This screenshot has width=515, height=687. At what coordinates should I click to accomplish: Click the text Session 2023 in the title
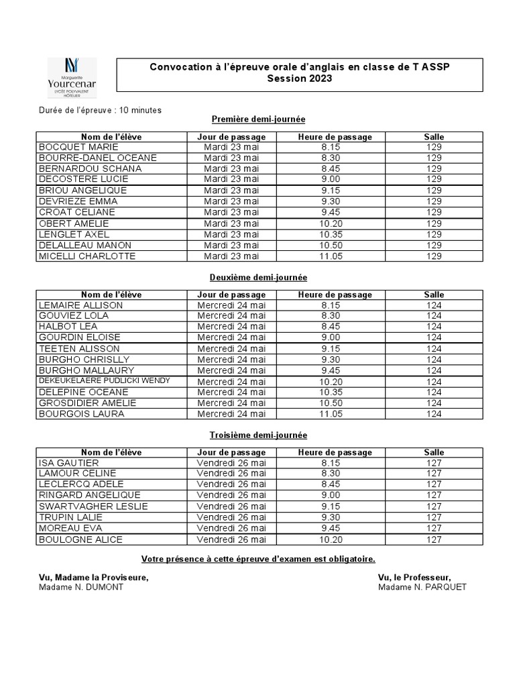[299, 78]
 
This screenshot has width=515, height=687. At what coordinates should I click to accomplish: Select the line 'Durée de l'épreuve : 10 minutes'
[99, 109]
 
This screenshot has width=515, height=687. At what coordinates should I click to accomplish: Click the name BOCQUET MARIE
[78, 147]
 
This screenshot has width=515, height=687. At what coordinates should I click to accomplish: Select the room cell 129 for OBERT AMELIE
[434, 223]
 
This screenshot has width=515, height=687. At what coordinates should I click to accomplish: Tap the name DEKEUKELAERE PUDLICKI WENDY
[104, 381]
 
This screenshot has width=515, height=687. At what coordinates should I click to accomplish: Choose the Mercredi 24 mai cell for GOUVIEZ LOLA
[231, 316]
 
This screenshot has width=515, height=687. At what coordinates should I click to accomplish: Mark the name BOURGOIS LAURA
[81, 414]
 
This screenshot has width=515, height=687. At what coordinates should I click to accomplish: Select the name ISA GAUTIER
[69, 463]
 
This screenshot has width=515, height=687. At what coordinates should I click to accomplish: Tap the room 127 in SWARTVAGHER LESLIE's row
[434, 507]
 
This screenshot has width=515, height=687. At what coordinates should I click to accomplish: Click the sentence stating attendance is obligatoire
[258, 559]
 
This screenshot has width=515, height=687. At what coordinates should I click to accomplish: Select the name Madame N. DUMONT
[81, 587]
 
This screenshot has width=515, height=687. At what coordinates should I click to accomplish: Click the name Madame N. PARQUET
[422, 587]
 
